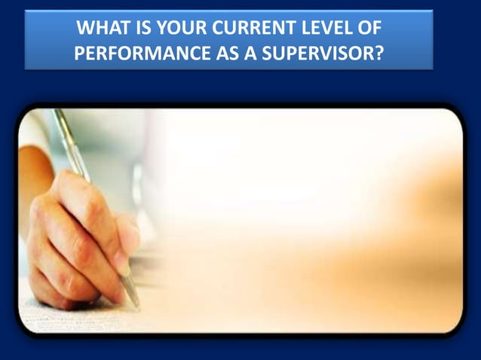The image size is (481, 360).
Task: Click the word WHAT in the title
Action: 103,29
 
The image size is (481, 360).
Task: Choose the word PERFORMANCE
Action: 147,53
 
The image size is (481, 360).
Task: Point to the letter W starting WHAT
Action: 86,29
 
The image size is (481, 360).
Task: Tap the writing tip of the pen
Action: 137,306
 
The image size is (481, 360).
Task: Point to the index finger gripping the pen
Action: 75,188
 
